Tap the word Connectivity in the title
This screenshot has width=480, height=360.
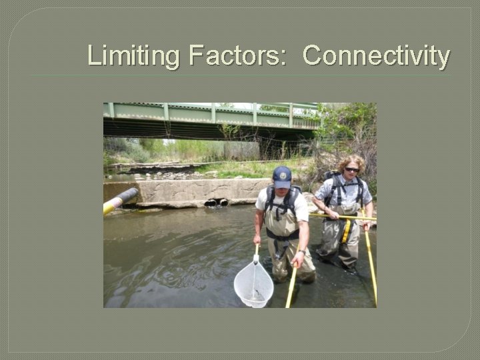(x=376, y=55)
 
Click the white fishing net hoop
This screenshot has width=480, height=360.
(x=253, y=283)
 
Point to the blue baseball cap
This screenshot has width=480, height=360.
(x=282, y=176)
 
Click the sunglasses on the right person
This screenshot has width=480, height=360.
(x=351, y=169)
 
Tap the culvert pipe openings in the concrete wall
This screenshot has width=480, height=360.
(x=216, y=201)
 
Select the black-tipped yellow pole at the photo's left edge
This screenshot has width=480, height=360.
(x=120, y=200)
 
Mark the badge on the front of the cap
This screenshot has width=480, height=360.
(x=283, y=175)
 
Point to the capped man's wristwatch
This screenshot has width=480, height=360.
(x=301, y=251)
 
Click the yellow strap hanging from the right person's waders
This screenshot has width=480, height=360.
(x=346, y=231)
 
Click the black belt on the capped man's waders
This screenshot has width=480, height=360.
(x=283, y=234)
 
